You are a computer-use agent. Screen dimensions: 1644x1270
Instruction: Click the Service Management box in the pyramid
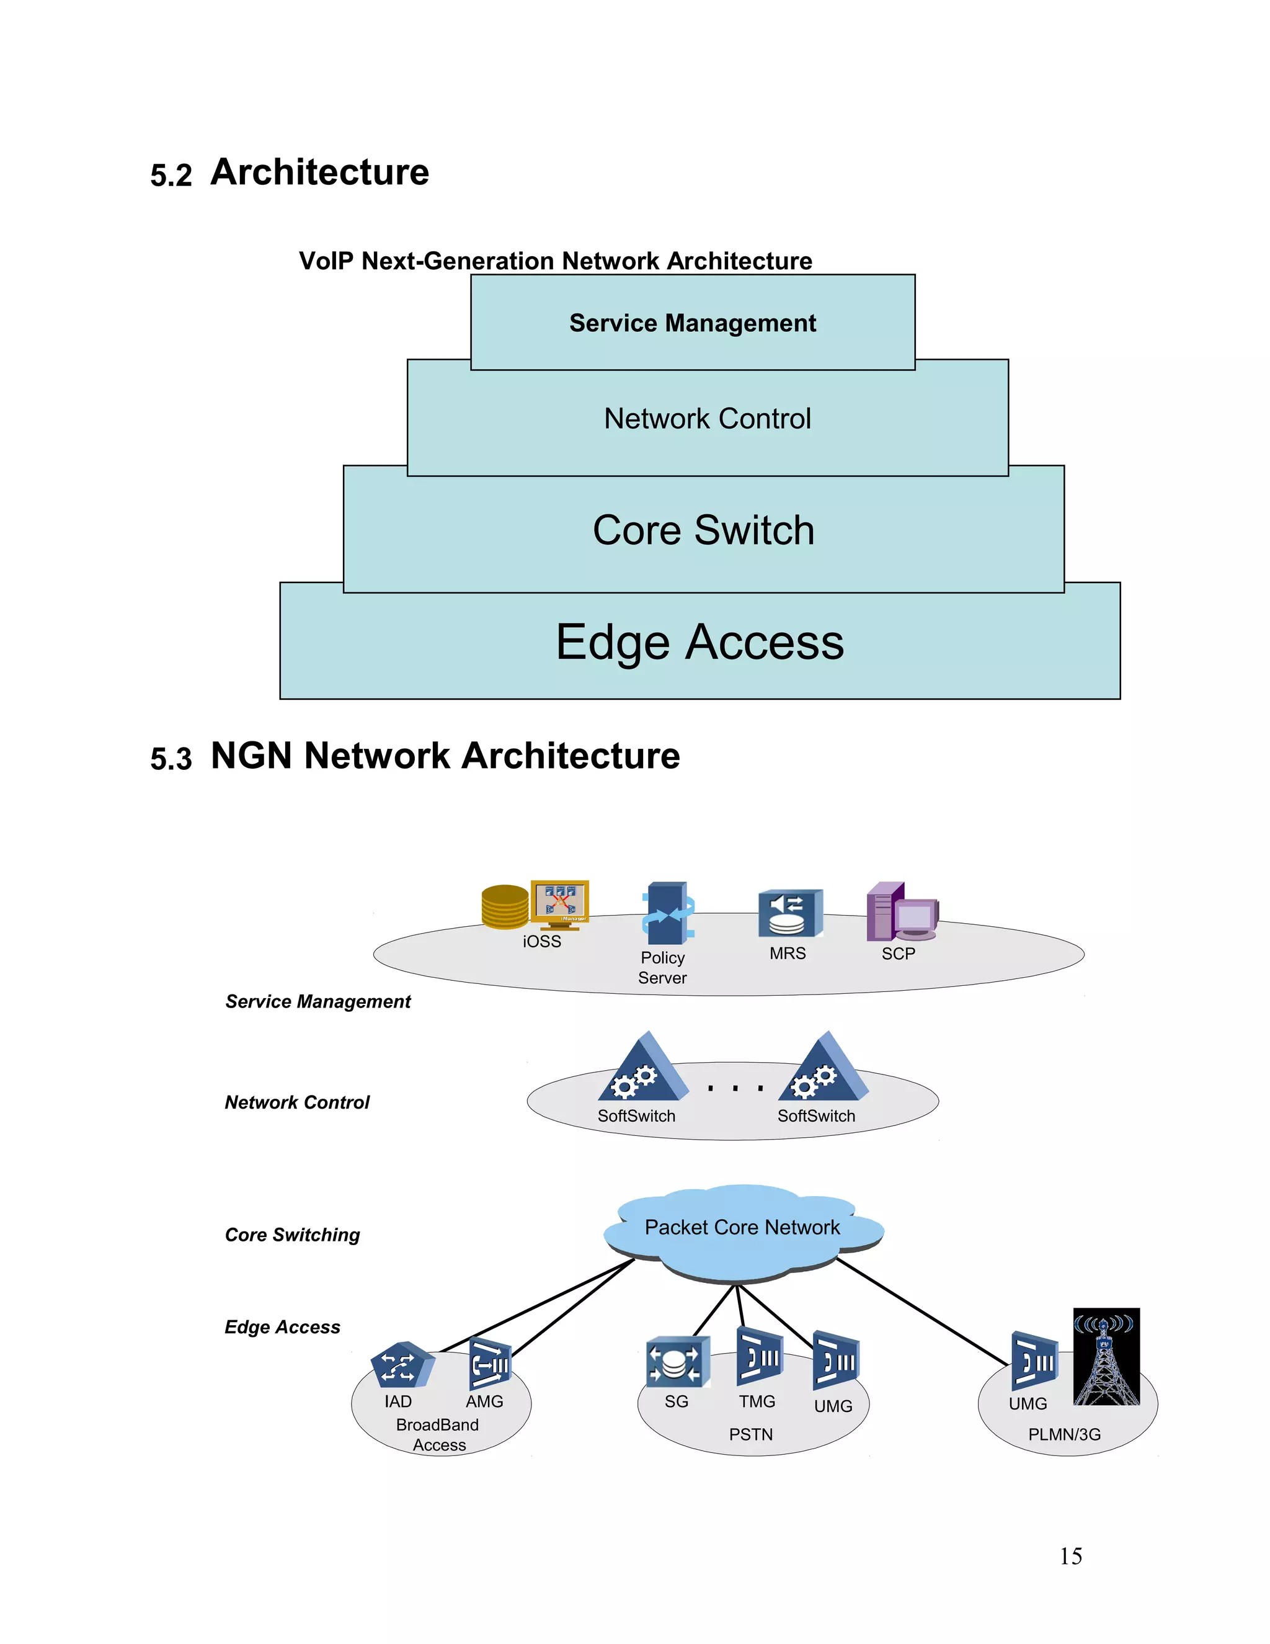tap(692, 323)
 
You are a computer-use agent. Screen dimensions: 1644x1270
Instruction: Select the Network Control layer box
tap(707, 419)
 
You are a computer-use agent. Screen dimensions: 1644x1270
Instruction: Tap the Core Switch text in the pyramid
tap(703, 530)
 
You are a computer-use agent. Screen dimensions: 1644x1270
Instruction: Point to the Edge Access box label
tap(699, 642)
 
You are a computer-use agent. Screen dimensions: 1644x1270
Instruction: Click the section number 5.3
tap(171, 759)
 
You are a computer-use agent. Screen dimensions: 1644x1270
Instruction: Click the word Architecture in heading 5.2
tap(320, 172)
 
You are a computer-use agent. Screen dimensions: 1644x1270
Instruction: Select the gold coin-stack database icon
tap(505, 906)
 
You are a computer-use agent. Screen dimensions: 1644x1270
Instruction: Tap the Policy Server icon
tap(667, 913)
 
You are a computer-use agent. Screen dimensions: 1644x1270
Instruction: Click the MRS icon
tap(789, 913)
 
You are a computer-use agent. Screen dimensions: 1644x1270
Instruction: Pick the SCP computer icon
tap(900, 913)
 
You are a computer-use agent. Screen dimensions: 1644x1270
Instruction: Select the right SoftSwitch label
tap(815, 1115)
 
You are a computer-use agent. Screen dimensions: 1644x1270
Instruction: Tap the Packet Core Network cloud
tap(742, 1228)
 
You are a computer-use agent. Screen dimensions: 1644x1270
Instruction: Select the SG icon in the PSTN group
tap(677, 1362)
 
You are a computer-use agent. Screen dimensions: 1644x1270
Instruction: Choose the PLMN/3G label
tap(1064, 1435)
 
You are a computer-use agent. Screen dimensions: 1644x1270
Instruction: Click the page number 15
tap(1070, 1556)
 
